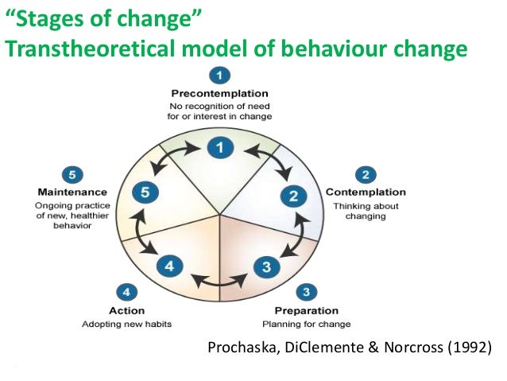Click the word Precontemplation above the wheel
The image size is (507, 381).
coord(220,93)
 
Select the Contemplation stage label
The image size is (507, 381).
coord(366,192)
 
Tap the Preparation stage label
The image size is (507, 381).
coord(306,310)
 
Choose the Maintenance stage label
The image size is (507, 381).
coord(72,192)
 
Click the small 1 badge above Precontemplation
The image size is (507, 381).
coord(220,76)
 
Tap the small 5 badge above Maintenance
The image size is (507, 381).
coord(72,173)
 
